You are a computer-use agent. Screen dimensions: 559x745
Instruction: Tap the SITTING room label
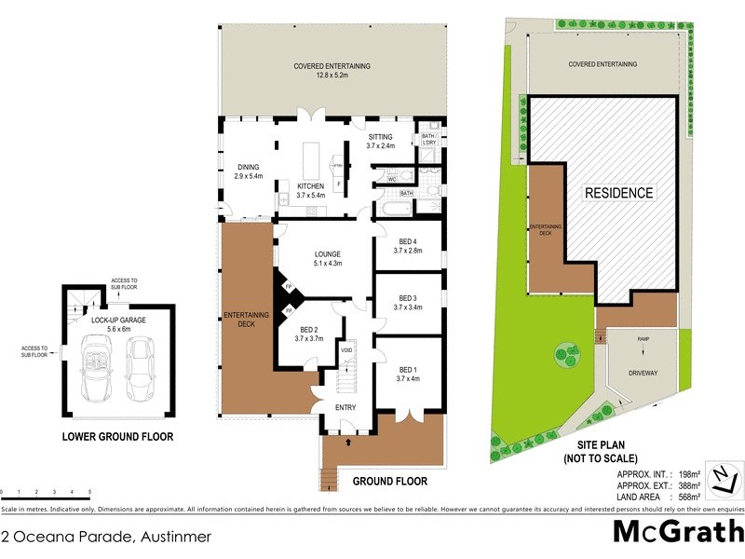(380, 141)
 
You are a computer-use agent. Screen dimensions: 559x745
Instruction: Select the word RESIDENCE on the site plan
(618, 193)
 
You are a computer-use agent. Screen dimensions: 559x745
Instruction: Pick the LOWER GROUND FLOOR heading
(117, 436)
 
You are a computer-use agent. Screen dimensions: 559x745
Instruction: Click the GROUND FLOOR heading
(389, 482)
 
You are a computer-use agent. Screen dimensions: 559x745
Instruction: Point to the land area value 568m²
(684, 497)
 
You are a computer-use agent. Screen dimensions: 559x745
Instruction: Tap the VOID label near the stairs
(345, 350)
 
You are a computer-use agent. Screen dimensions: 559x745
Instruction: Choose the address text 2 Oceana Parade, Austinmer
(106, 537)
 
